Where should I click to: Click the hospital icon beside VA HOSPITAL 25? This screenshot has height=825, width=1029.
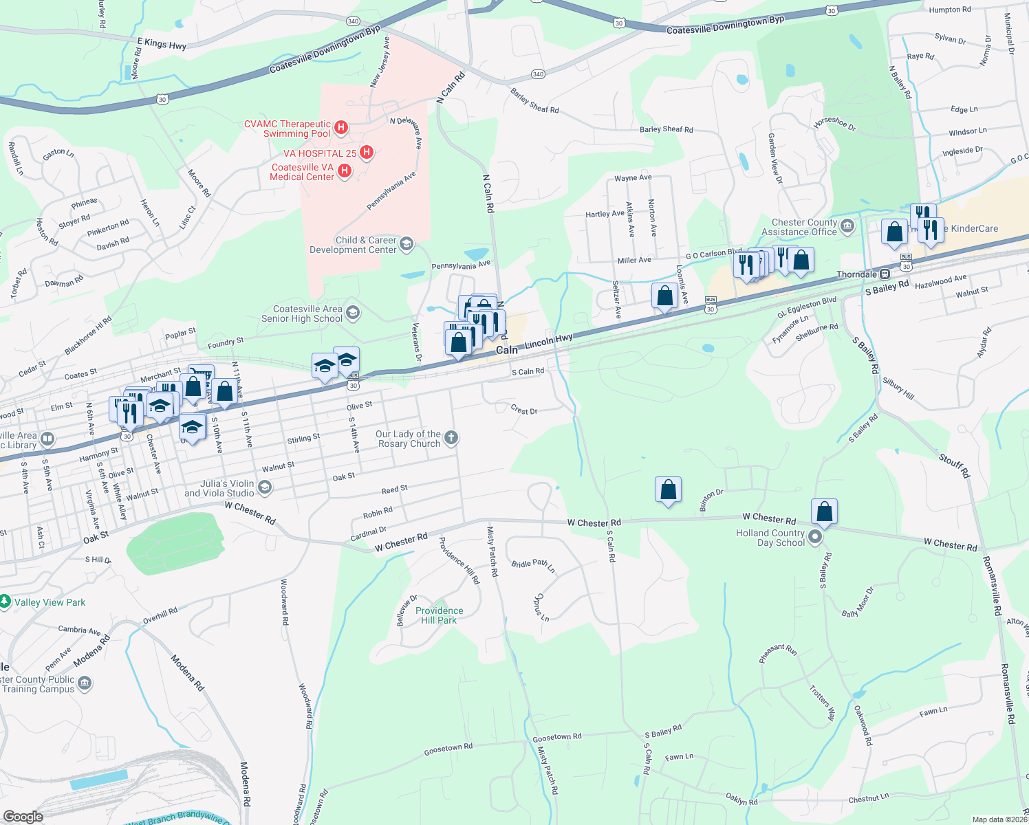click(x=367, y=153)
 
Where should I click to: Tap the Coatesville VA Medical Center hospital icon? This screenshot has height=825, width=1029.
click(x=345, y=171)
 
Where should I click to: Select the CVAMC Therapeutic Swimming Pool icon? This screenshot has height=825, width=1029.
click(x=340, y=128)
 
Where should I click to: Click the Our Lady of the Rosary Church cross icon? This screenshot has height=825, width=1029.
click(x=451, y=438)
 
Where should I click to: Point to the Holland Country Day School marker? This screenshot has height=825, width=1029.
click(x=815, y=537)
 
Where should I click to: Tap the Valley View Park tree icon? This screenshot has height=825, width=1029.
click(x=5, y=602)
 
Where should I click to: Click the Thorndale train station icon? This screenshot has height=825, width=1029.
click(x=885, y=274)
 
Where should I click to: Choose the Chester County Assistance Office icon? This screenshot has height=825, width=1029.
click(x=847, y=225)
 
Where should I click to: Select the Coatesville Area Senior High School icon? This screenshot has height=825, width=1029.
click(x=353, y=313)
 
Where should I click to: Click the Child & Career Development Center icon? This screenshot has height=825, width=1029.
click(x=407, y=244)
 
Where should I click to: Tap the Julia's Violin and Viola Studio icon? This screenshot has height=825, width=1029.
click(x=265, y=487)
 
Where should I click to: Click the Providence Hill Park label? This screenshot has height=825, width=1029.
click(x=439, y=615)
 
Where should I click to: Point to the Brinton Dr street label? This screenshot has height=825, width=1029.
click(x=711, y=500)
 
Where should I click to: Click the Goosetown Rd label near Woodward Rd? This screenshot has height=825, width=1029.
click(x=448, y=749)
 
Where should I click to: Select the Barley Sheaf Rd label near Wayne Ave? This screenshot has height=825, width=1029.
click(x=666, y=129)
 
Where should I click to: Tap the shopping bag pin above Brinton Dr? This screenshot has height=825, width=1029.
click(x=668, y=490)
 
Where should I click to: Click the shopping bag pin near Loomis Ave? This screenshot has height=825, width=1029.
click(x=664, y=296)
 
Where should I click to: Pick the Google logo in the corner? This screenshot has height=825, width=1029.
click(x=23, y=817)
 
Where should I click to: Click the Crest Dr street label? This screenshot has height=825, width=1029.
click(x=524, y=410)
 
